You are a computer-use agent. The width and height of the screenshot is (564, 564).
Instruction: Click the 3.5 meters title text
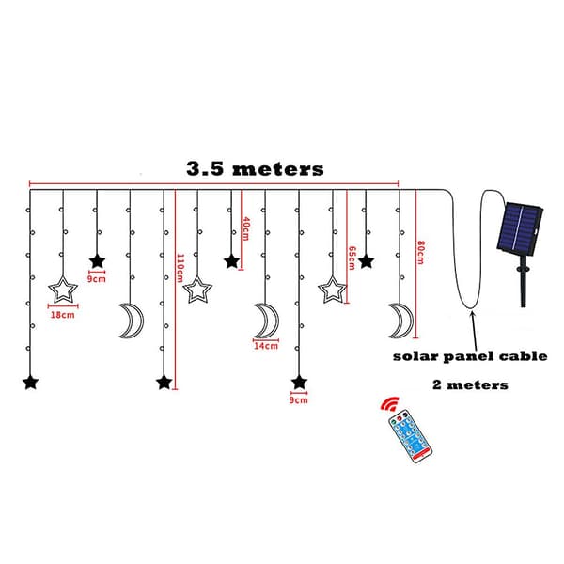[x=255, y=168]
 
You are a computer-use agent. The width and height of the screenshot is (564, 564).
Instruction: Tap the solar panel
[x=520, y=228]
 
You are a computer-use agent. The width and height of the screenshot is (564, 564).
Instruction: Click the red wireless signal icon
[x=390, y=404]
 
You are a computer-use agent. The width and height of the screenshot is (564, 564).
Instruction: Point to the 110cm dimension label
[x=180, y=268]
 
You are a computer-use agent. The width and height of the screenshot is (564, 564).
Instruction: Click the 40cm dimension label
[x=246, y=228]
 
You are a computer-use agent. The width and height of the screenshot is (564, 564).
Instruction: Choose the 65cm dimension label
[x=352, y=258]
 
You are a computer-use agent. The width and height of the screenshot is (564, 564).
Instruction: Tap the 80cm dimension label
[x=420, y=252]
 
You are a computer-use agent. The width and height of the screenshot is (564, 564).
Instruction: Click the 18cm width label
[x=63, y=315]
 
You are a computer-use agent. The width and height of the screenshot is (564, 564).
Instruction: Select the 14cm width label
[x=266, y=346]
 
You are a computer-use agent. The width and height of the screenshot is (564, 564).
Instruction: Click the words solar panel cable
[x=470, y=356]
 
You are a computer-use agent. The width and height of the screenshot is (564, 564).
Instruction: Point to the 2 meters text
[x=471, y=384]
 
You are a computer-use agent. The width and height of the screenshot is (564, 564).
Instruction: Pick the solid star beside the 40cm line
[x=232, y=261]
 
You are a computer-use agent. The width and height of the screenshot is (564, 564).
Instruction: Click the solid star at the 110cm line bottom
[x=164, y=383]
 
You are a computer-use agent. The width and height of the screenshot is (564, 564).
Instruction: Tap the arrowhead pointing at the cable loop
[x=472, y=314]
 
